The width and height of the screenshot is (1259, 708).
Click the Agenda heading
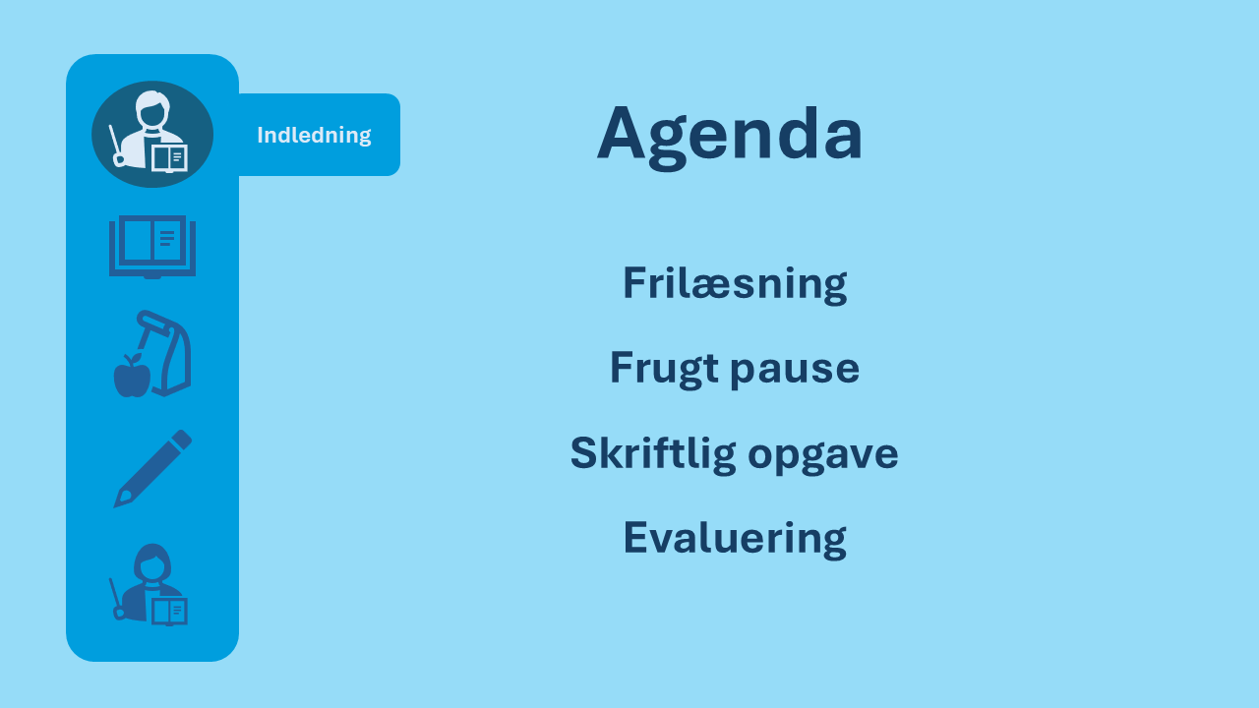(730, 137)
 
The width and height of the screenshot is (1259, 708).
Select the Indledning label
(314, 135)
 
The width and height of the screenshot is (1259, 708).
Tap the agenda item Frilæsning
(735, 284)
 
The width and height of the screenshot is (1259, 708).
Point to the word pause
(795, 371)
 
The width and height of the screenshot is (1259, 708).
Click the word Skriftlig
(653, 454)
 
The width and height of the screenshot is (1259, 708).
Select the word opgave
(823, 456)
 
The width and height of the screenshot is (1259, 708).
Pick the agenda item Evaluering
(735, 538)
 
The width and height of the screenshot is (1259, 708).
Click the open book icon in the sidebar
(152, 246)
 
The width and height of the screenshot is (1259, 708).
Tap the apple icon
(132, 377)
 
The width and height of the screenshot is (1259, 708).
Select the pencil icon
(152, 469)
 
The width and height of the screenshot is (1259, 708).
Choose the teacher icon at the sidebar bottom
(150, 584)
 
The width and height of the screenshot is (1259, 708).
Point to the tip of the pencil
(116, 505)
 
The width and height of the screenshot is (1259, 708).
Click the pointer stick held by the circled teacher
(116, 145)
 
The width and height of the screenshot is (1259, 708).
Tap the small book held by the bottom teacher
(169, 612)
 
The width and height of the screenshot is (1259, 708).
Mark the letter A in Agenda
(621, 133)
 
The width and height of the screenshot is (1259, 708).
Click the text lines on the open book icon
(167, 238)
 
